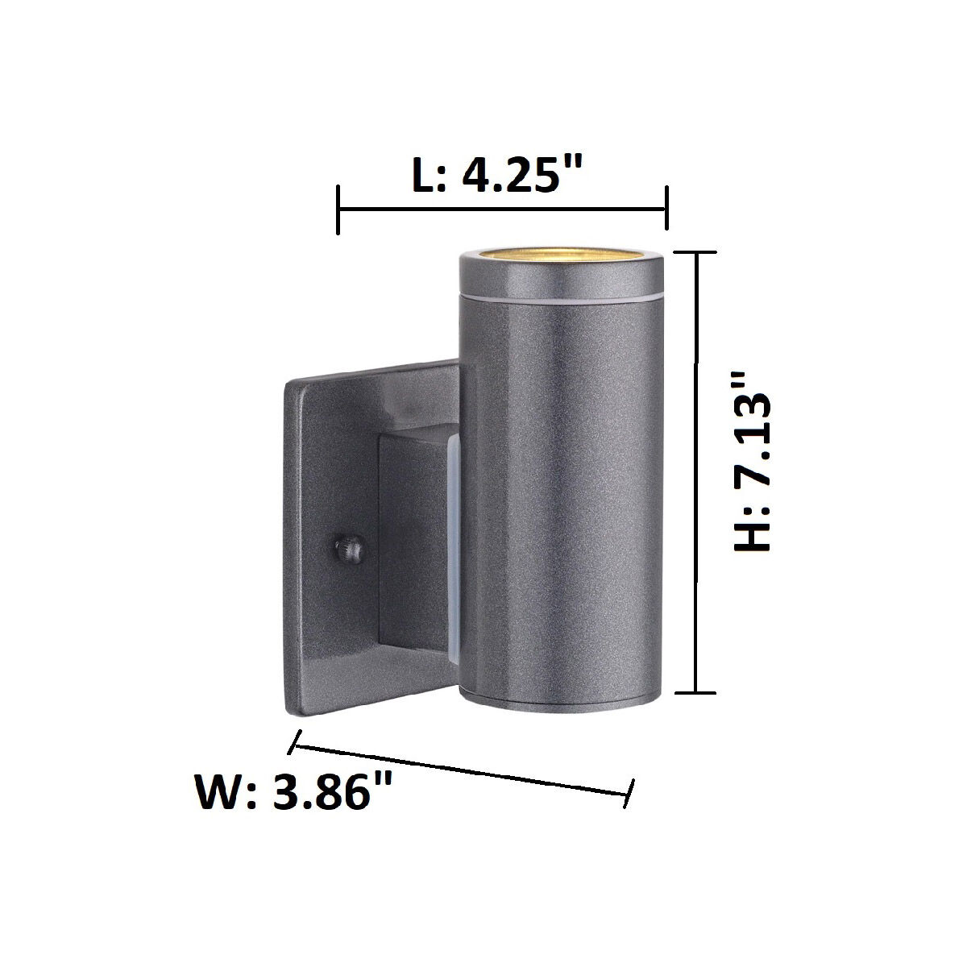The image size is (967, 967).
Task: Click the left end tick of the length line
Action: (338, 210)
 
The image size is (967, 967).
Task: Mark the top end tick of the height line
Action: (695, 252)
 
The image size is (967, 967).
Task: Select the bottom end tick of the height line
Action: (695, 691)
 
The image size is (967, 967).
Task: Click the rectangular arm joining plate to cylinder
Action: (413, 556)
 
